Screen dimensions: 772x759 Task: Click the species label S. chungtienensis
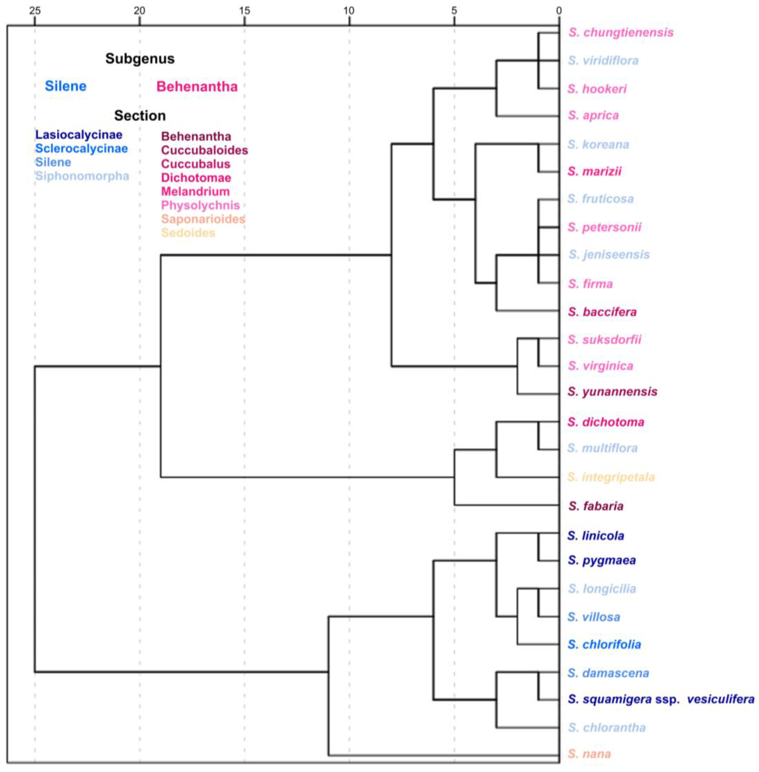[621, 32]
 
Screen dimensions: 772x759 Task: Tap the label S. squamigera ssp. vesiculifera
[660, 699]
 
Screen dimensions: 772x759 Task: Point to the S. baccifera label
[602, 311]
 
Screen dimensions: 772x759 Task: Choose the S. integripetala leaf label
[611, 477]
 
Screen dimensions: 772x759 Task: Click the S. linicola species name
[595, 535]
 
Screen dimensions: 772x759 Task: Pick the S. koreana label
[598, 144]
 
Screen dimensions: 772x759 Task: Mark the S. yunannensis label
[612, 391]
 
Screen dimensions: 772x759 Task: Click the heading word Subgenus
[140, 59]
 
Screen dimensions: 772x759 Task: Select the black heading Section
[140, 116]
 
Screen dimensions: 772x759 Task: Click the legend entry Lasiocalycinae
[79, 135]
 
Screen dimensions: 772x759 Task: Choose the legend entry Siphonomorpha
[82, 176]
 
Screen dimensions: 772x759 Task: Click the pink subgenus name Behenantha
[197, 86]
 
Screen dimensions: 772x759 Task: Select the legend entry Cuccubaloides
[204, 150]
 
